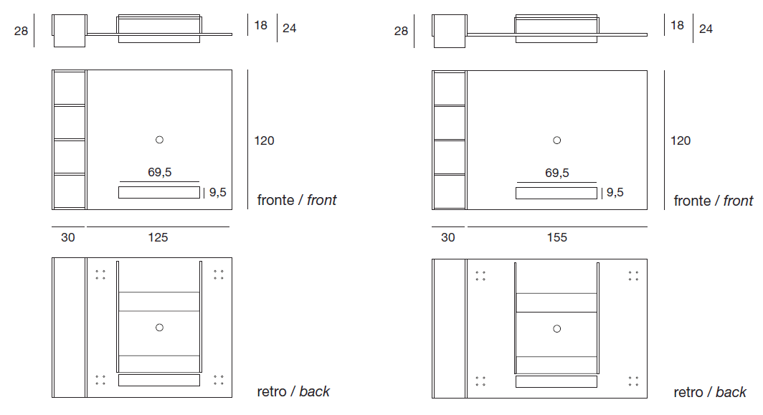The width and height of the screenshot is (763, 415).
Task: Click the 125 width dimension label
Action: pos(158,237)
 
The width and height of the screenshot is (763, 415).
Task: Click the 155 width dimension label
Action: pos(557,237)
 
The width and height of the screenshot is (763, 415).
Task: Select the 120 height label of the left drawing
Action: pos(264,140)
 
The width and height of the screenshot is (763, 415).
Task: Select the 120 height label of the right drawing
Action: pos(681,140)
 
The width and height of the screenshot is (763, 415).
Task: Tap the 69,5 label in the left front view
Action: pos(160,172)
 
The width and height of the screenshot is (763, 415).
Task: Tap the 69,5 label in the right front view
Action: pos(557,173)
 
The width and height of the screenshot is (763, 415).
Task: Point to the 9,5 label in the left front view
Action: pos(218,193)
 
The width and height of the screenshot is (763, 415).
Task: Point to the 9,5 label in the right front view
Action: pos(615,193)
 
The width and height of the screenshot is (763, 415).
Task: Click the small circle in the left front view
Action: pos(160,140)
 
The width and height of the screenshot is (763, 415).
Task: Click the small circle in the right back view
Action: pos(557,329)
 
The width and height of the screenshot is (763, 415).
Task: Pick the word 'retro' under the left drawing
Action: pos(272,391)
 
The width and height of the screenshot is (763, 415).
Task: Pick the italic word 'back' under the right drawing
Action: pos(731,392)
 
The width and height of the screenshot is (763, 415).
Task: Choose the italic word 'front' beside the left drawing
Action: pos(322,201)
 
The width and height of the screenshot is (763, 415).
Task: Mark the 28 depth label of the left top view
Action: pos(21,31)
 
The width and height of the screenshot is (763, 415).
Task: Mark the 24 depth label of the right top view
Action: pos(706,29)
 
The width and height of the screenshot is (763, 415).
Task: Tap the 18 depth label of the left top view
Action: pos(261,25)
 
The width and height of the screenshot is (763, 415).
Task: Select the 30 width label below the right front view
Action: pos(448,237)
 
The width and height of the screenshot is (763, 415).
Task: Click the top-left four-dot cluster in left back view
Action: pos(100,275)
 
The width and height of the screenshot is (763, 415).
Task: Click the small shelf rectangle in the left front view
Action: pos(159,193)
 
